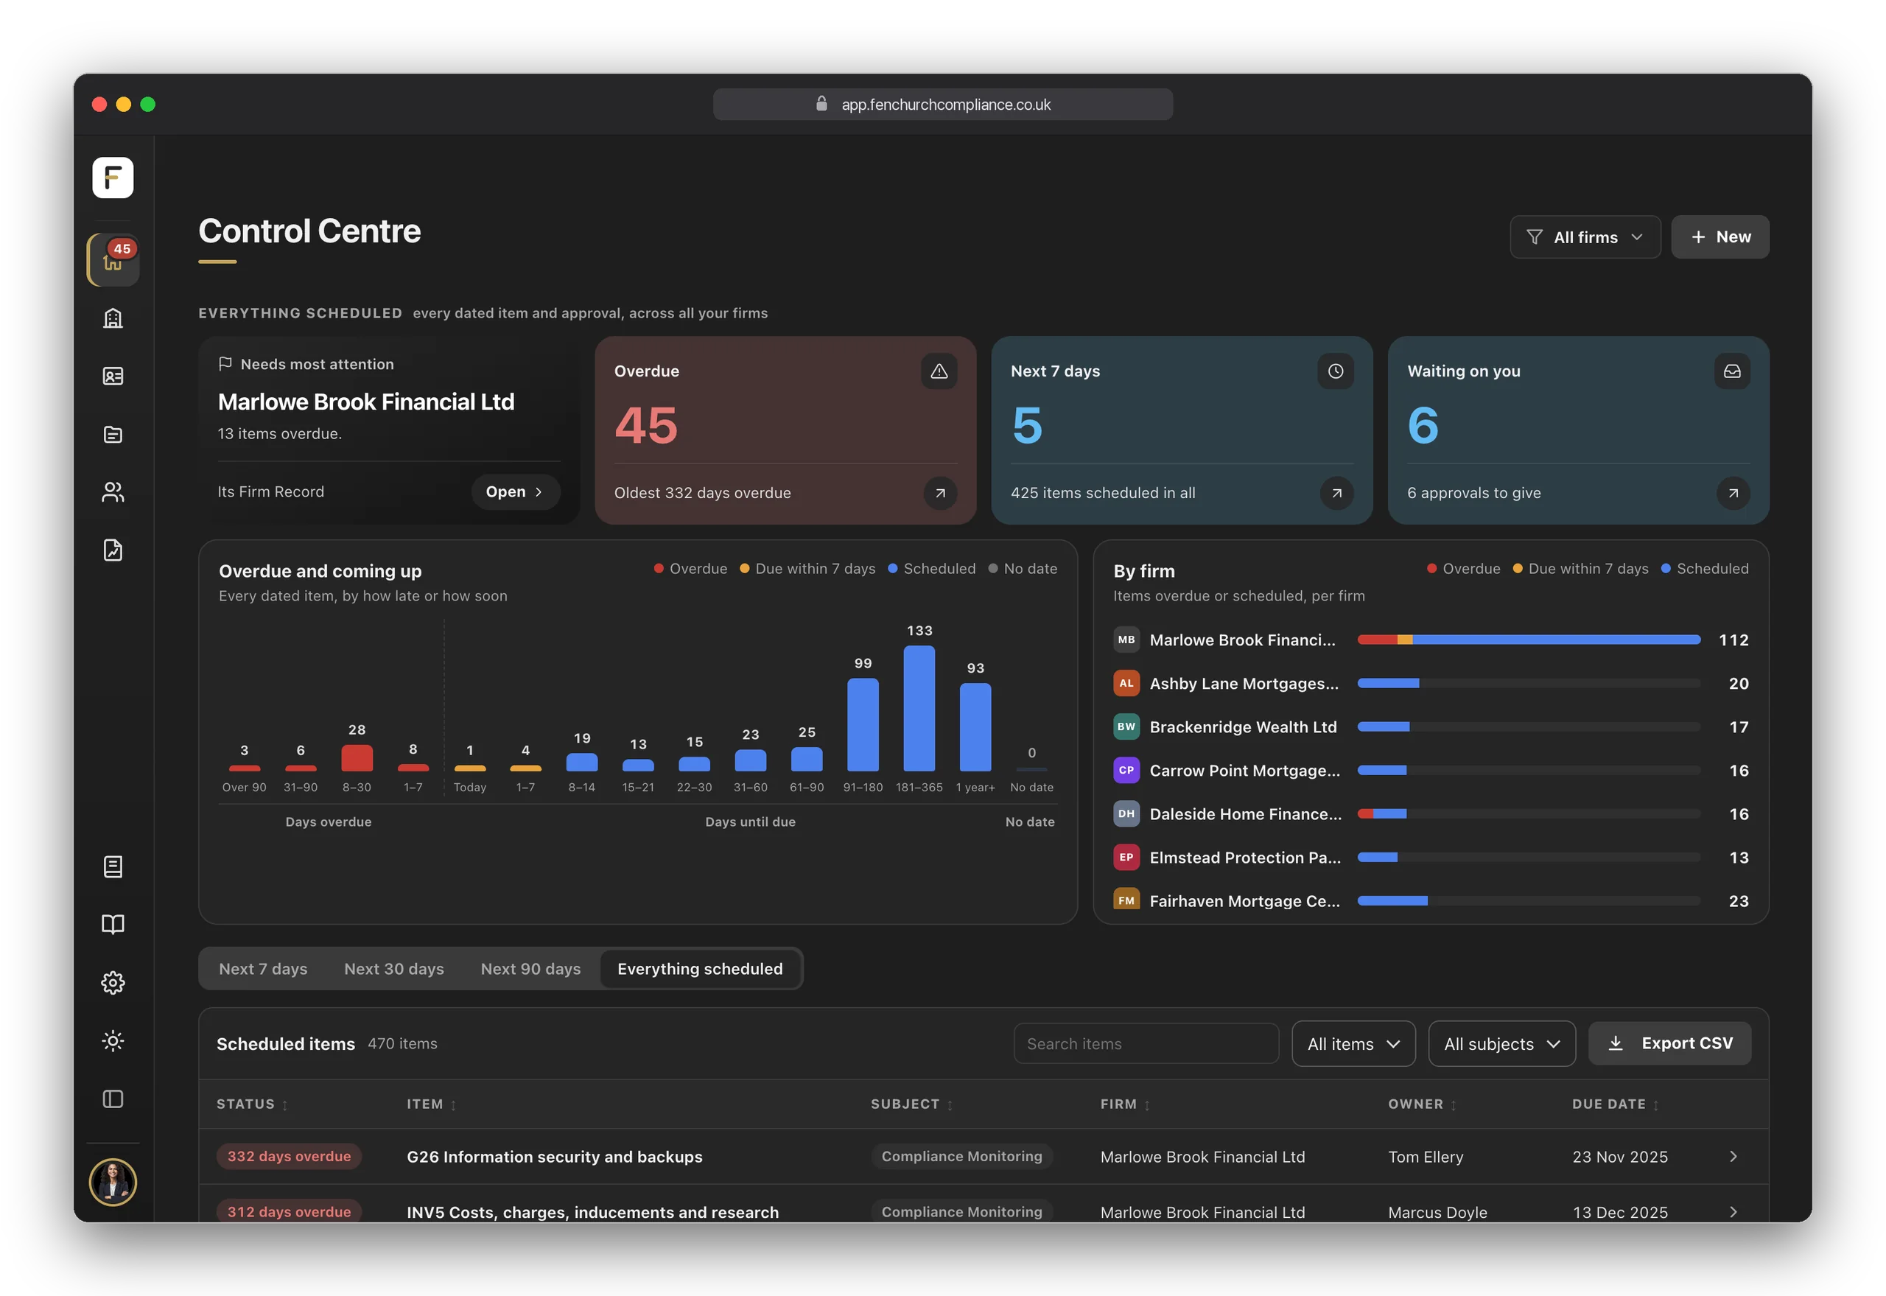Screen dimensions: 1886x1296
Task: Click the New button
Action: (x=1720, y=237)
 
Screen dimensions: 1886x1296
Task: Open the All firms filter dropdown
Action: (x=1585, y=237)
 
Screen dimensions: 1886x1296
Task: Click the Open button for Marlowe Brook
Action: (x=515, y=492)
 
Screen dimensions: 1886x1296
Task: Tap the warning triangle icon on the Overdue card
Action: (x=939, y=371)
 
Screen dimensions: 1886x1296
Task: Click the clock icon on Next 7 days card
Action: (x=1336, y=371)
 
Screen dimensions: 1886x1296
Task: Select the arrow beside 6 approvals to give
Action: (x=1733, y=493)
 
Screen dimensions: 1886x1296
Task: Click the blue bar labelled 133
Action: (x=919, y=708)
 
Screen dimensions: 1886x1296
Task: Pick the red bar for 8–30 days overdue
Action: (x=357, y=757)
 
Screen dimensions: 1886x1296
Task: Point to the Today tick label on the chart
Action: (x=470, y=788)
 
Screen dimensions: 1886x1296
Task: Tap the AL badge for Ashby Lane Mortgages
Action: (x=1126, y=684)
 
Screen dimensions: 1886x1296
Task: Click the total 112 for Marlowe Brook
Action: (x=1733, y=640)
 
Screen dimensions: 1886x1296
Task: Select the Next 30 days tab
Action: (x=393, y=969)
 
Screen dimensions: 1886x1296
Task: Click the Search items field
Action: (x=1146, y=1043)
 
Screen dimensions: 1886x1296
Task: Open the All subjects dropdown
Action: (x=1501, y=1043)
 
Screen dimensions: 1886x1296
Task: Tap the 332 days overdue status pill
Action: (x=289, y=1156)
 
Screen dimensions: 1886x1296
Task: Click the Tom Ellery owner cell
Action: (x=1426, y=1156)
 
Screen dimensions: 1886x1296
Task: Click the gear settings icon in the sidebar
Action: (x=113, y=983)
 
